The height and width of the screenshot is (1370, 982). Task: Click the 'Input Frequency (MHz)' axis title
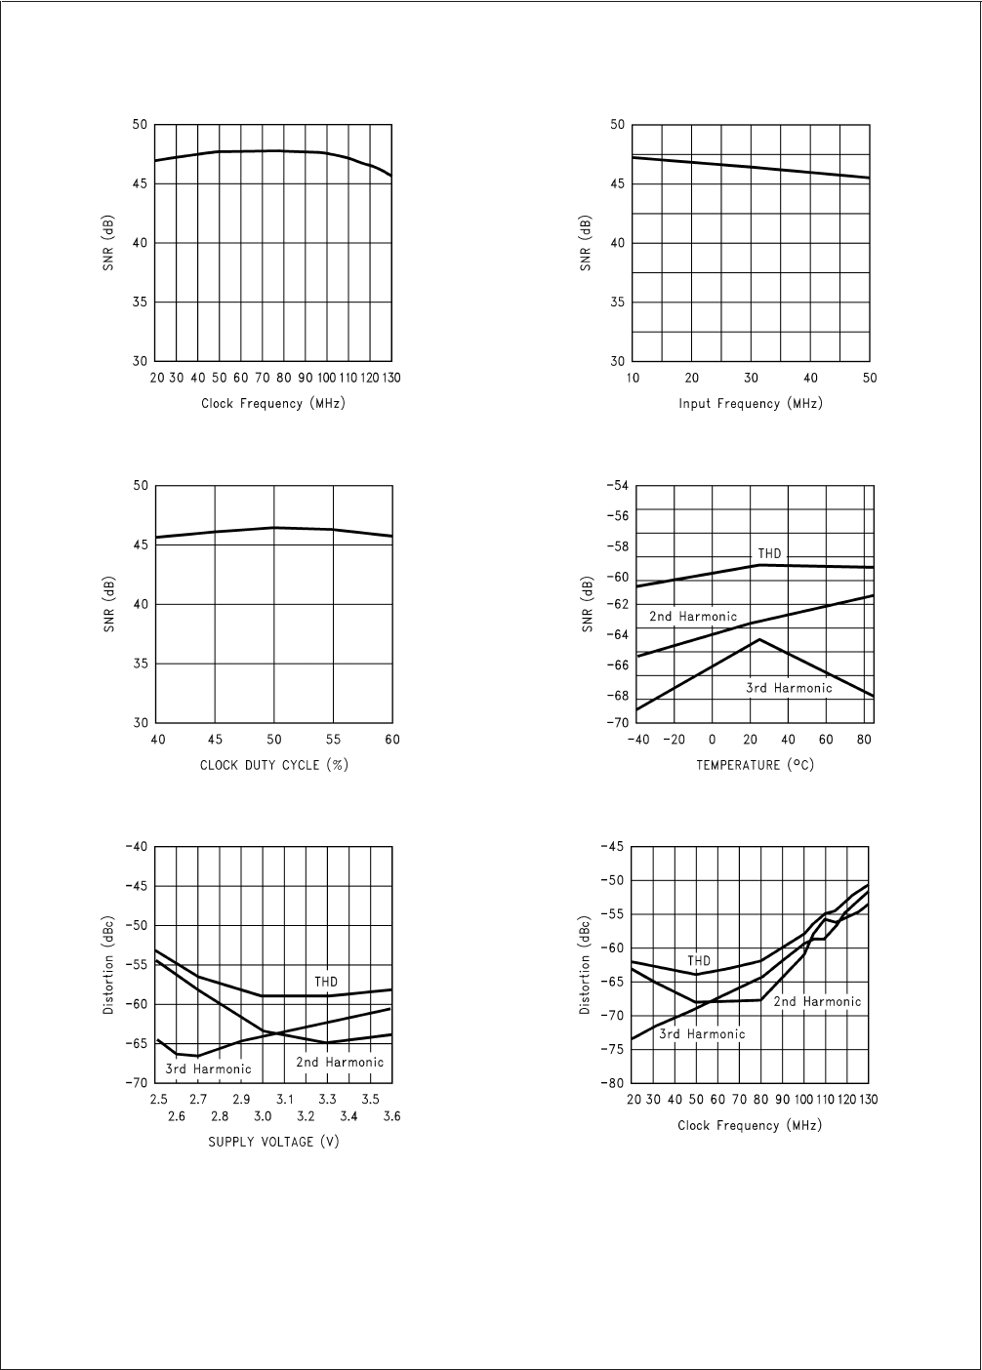tap(751, 404)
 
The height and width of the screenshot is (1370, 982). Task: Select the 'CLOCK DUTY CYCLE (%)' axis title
tap(274, 765)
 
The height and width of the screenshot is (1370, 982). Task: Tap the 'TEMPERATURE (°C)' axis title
tap(755, 765)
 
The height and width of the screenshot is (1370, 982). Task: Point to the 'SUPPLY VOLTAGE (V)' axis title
tap(274, 1142)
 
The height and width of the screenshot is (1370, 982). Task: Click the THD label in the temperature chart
tap(770, 554)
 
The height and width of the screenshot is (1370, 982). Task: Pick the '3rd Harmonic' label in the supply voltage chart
tap(208, 1069)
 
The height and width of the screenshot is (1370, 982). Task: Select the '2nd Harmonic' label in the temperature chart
tap(693, 617)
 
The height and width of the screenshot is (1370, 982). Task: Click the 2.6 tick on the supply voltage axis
tap(177, 1116)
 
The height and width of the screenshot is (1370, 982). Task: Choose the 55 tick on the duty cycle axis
tap(333, 740)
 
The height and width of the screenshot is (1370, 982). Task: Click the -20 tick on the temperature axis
tap(675, 740)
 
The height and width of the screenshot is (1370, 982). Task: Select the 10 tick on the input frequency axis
tap(634, 379)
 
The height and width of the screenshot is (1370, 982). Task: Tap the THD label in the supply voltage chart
tap(326, 981)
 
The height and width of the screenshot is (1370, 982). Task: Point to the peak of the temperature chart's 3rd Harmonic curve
tap(759, 639)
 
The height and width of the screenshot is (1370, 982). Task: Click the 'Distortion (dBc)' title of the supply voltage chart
tap(109, 965)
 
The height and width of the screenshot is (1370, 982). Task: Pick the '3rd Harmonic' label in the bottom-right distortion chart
tap(702, 1034)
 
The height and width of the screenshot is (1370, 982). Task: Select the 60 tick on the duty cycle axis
tap(391, 740)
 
